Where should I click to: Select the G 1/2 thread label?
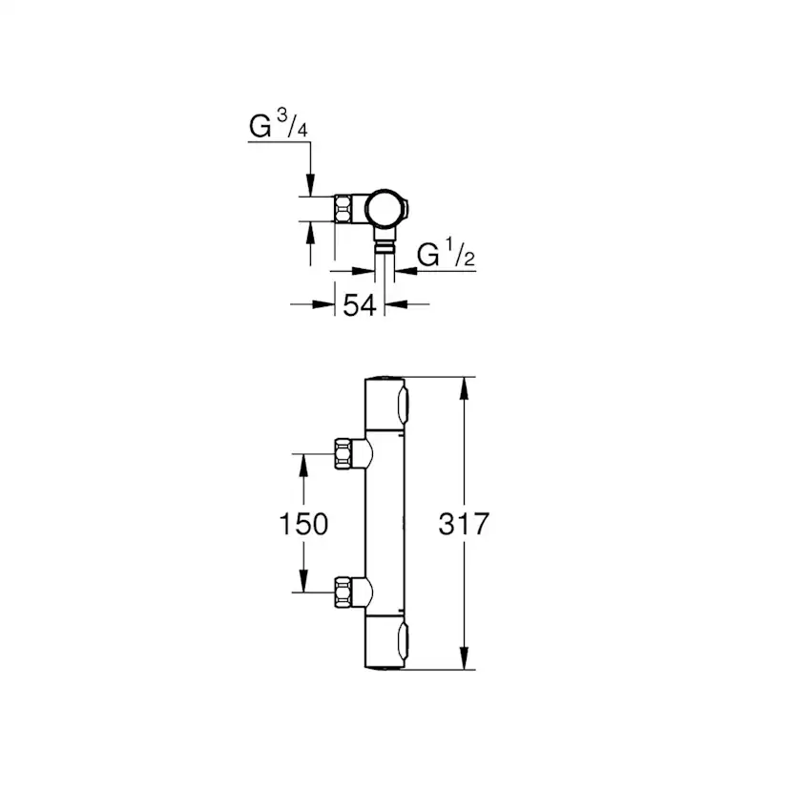[x=447, y=255]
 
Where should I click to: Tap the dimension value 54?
[x=359, y=306]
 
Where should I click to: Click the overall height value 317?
[x=464, y=523]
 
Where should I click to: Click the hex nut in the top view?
[x=344, y=208]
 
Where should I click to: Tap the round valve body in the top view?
[x=386, y=207]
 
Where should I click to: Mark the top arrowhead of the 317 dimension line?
[x=465, y=387]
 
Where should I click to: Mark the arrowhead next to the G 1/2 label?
[x=402, y=271]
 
